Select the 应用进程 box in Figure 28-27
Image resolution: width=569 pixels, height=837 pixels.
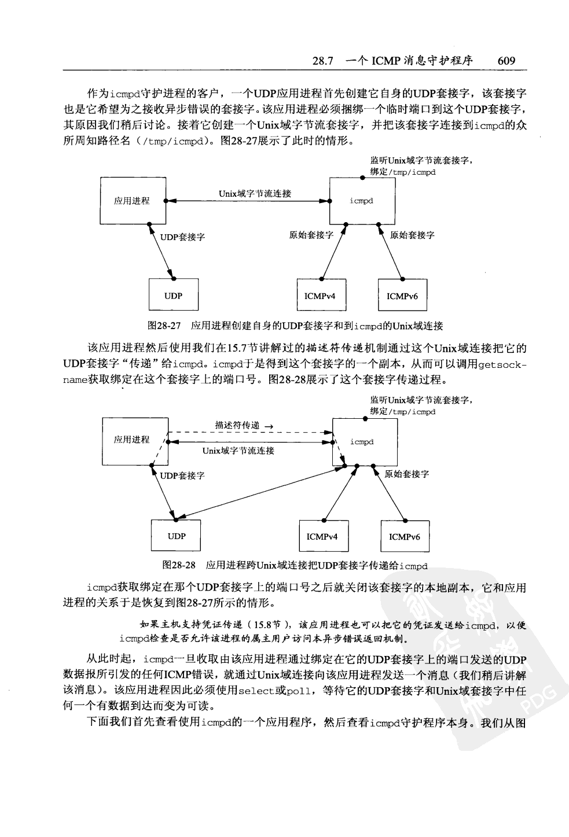pos(132,201)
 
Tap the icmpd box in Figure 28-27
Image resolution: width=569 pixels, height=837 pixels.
pos(362,201)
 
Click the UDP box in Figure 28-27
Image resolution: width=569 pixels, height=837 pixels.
pos(173,296)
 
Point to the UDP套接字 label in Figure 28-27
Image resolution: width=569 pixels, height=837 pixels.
pos(182,237)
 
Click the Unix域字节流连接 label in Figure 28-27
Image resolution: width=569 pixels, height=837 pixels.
pos(255,194)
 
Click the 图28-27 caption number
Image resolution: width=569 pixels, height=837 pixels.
pos(166,326)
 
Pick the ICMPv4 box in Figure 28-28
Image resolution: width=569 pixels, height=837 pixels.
pos(322,536)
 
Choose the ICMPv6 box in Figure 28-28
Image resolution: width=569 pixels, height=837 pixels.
pos(405,537)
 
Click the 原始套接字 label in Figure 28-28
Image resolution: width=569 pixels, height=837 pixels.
pos(407,474)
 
